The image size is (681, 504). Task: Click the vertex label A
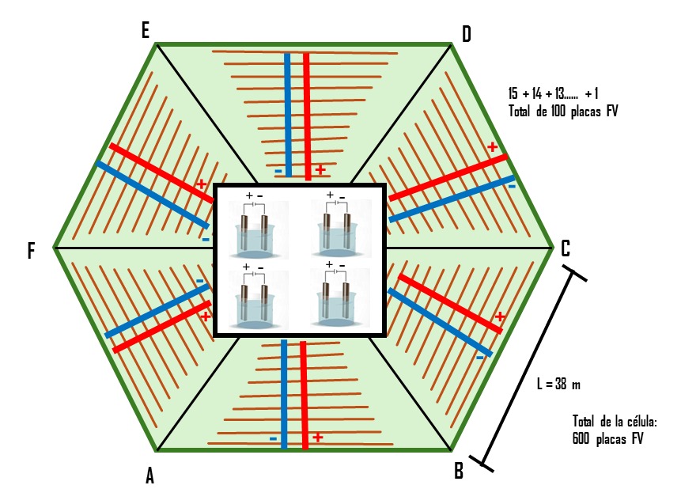pos(149,476)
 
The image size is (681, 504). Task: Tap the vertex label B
pos(459,472)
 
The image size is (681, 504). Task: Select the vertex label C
pos(566,248)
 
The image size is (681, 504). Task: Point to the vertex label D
pos(466,33)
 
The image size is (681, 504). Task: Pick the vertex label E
pos(145,30)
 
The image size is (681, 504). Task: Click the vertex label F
pos(32,252)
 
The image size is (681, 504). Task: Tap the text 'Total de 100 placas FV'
pos(562,112)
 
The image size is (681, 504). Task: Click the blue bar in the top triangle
pos(287,115)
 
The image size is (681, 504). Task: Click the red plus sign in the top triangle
pos(320,170)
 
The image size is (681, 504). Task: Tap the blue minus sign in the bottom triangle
pos(273,438)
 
